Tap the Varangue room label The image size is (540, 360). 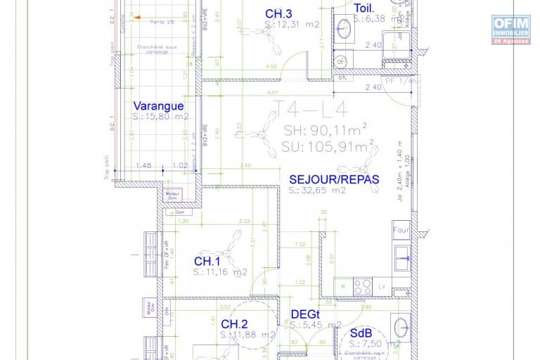click(158, 106)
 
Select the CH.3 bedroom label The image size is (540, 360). click(278, 13)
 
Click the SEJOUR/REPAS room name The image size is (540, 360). click(334, 179)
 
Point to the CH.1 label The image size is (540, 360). click(207, 262)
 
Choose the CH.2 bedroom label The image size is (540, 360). click(235, 324)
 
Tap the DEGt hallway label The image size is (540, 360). click(306, 316)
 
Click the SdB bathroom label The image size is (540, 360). click(361, 333)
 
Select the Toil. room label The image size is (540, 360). click(364, 8)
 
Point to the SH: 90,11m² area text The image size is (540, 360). click(325, 131)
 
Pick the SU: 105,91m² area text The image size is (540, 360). click(327, 148)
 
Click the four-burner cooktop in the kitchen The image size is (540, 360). click(362, 285)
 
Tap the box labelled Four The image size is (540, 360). click(400, 231)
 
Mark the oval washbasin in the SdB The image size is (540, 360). click(400, 327)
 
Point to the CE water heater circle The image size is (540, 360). click(342, 62)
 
